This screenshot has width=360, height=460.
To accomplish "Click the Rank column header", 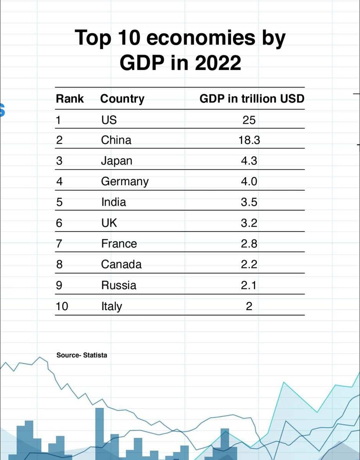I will point(70,99).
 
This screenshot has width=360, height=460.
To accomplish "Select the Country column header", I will point(122,99).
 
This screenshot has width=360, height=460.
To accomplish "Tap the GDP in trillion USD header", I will point(252,99).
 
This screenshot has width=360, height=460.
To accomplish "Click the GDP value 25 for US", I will point(249,120).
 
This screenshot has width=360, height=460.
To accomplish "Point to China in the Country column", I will point(116,140).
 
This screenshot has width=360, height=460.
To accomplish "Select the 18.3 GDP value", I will point(249,140).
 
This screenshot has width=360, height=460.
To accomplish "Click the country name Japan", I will point(116,161).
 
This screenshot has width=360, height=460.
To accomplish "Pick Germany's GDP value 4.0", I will point(249,181).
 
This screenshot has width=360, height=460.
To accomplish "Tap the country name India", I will point(113,202).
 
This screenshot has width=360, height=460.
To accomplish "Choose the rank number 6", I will point(59,223).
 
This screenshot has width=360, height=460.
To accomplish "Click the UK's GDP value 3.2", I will point(249,223).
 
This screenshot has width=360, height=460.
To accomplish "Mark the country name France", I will point(119,243).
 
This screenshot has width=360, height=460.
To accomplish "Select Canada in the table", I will point(121,264).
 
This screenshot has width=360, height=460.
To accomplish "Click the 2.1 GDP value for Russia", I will point(249,285).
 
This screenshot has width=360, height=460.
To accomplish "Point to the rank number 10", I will point(62,306).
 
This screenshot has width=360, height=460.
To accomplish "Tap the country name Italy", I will point(111,306).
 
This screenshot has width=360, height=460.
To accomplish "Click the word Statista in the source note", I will point(95,355).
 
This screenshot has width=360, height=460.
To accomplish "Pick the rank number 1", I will point(59,120).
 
